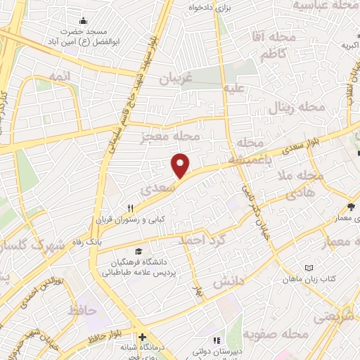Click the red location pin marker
(x=181, y=165)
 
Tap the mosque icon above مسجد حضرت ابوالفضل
(x=84, y=20)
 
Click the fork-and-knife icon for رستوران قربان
(x=131, y=208)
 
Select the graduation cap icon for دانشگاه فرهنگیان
(x=138, y=251)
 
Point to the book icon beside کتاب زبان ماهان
(x=309, y=268)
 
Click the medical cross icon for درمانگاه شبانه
(x=142, y=337)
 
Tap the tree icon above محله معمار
(x=351, y=206)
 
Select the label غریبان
(x=176, y=79)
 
